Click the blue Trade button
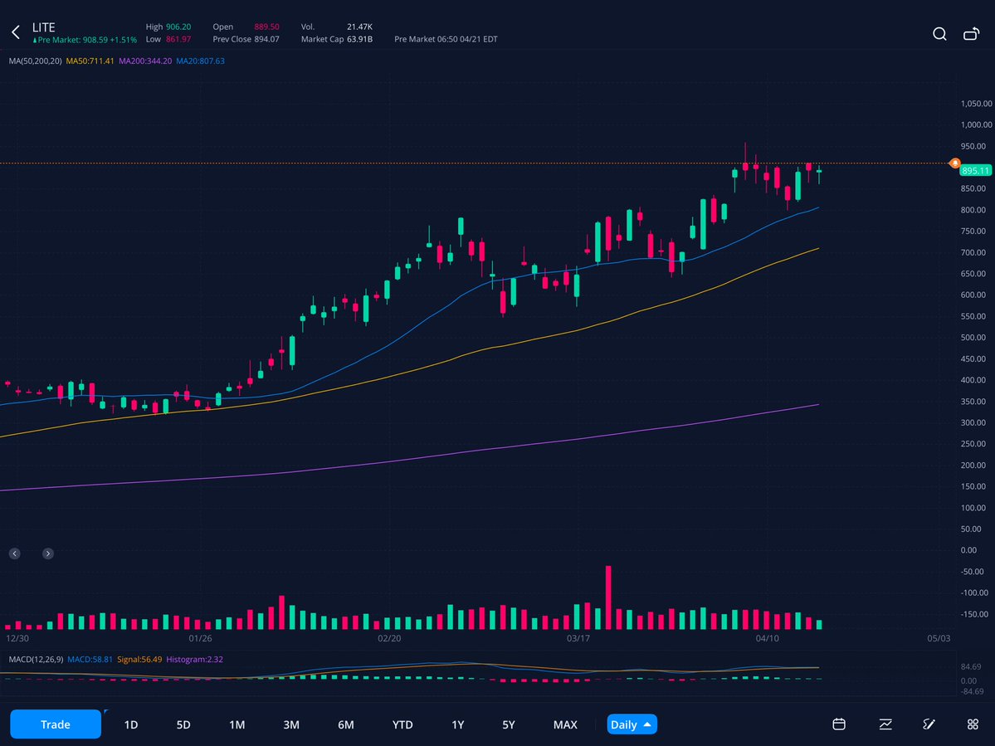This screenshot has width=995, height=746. (56, 724)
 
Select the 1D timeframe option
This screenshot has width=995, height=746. (131, 724)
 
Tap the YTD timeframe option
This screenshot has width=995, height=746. (402, 724)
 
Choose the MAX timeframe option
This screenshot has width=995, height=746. (565, 724)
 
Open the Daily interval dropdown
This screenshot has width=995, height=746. (632, 724)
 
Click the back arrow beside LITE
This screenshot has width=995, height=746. (15, 33)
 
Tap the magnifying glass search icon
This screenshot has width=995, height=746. (939, 34)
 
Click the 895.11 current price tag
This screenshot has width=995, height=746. (976, 170)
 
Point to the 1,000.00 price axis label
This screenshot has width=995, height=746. (976, 125)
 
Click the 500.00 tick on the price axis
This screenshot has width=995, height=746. (976, 338)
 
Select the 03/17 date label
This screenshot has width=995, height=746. (578, 639)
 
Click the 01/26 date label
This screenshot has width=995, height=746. (201, 639)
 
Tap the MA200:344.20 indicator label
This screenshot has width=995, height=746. (145, 61)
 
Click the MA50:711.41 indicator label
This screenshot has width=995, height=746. (90, 61)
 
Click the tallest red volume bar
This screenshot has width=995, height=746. (608, 597)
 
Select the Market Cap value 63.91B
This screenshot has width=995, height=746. (359, 39)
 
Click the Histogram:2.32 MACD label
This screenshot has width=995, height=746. (194, 660)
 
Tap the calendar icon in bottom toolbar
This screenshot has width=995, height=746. (839, 724)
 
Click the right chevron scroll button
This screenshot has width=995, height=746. (48, 553)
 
